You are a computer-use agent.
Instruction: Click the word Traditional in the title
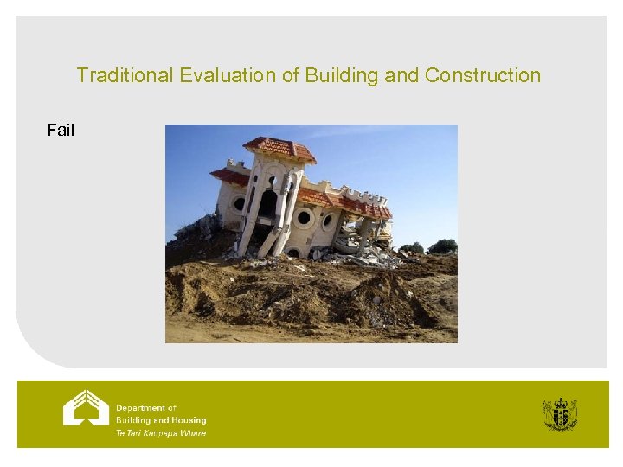coord(125,75)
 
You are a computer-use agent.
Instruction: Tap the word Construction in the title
coord(483,75)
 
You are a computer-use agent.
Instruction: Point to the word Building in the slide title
coord(341,75)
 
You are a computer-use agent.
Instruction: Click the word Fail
coord(61,131)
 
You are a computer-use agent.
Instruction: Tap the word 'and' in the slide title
coord(401,75)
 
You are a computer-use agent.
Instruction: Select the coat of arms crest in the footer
coord(559,414)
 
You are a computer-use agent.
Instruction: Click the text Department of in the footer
coord(146,407)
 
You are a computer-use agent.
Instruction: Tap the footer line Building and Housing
coord(161,419)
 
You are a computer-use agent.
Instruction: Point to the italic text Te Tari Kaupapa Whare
coord(161,432)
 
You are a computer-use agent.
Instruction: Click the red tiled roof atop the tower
coord(279,148)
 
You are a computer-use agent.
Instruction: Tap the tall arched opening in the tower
coord(269,204)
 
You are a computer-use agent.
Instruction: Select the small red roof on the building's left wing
coord(230,176)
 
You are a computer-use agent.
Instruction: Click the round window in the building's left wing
coord(239,204)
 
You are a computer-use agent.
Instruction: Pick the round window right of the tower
coord(304,218)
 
